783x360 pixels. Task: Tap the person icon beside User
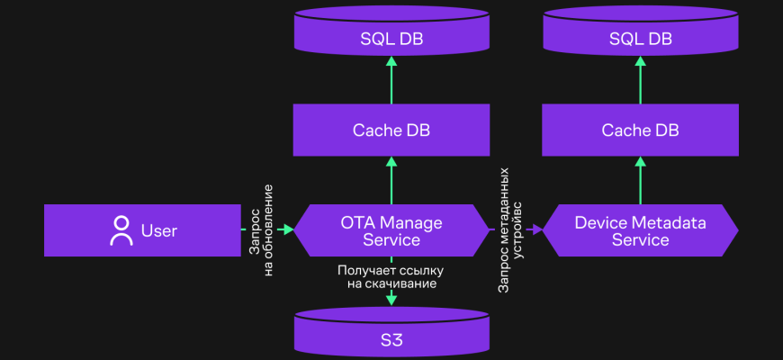click(121, 230)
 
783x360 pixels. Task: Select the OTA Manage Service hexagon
click(391, 230)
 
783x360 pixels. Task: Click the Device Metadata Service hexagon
click(640, 230)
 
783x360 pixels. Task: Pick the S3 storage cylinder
click(391, 335)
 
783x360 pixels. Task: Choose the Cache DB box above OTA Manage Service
click(391, 130)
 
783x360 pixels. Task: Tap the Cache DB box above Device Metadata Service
click(640, 130)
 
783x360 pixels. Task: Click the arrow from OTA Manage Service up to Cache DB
click(391, 180)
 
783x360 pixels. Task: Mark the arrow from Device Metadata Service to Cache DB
click(640, 180)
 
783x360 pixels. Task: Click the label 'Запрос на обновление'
click(261, 230)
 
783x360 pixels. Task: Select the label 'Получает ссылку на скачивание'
click(391, 276)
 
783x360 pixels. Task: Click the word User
click(159, 231)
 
